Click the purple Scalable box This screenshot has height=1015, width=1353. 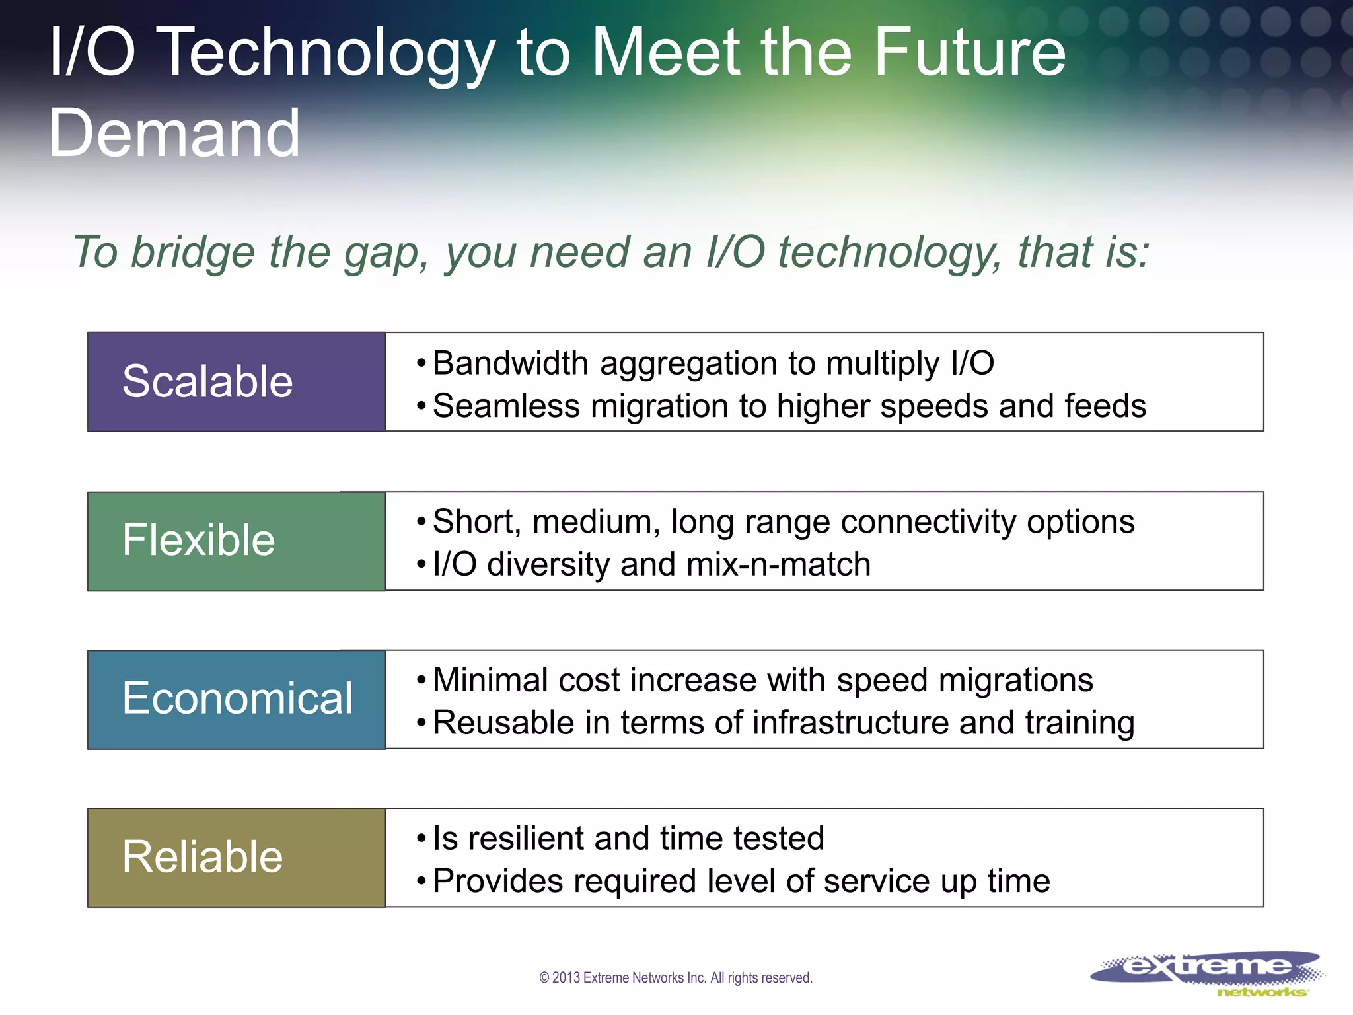click(236, 382)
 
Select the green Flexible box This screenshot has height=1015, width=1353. click(236, 541)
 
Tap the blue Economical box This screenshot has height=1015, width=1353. click(236, 699)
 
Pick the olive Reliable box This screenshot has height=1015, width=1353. click(236, 858)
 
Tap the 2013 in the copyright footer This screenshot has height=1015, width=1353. click(566, 978)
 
